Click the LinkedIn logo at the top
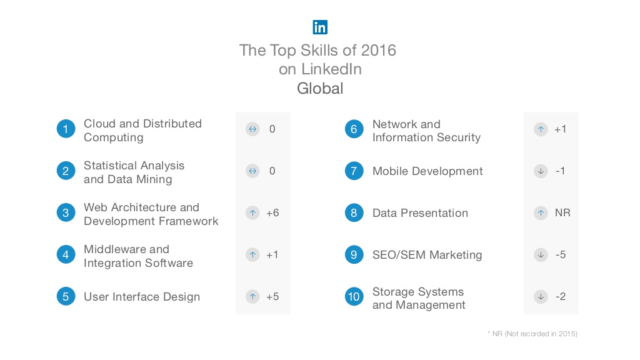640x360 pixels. (320, 27)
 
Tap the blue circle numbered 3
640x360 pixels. (66, 213)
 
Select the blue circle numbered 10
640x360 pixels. (354, 296)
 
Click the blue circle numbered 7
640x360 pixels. (354, 171)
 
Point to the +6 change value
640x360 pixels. (272, 213)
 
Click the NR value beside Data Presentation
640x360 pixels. (562, 213)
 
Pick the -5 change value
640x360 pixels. (561, 255)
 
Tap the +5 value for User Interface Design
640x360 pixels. (272, 297)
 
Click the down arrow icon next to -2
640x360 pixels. (541, 296)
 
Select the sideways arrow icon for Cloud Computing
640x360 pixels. (252, 129)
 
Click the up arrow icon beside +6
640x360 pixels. (252, 213)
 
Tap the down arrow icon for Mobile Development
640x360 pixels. (541, 171)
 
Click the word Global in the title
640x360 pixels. (320, 88)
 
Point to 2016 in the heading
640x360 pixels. (376, 50)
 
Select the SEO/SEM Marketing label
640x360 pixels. (427, 255)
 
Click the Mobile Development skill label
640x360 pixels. (427, 171)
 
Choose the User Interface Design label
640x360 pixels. (142, 297)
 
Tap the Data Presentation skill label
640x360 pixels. (420, 213)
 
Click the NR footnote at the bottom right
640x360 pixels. (532, 334)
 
